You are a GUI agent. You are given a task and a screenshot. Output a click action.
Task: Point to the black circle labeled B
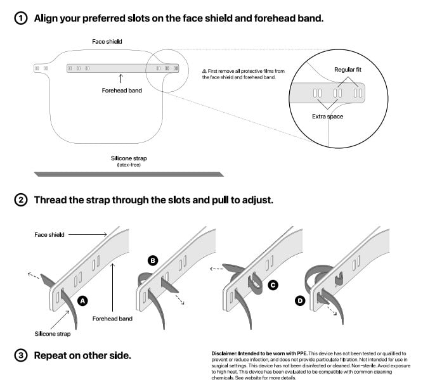[x=152, y=260]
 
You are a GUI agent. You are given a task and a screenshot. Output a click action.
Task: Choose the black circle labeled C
[x=273, y=285]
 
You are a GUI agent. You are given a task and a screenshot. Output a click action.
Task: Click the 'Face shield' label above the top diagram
[x=107, y=42]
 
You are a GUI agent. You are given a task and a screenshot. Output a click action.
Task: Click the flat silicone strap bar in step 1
[x=129, y=174]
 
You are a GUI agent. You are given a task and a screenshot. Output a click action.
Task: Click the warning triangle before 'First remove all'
[x=204, y=71]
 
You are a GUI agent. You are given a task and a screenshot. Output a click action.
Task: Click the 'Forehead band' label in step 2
[x=112, y=319]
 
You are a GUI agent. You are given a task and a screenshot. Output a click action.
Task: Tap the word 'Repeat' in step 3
[x=53, y=355]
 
